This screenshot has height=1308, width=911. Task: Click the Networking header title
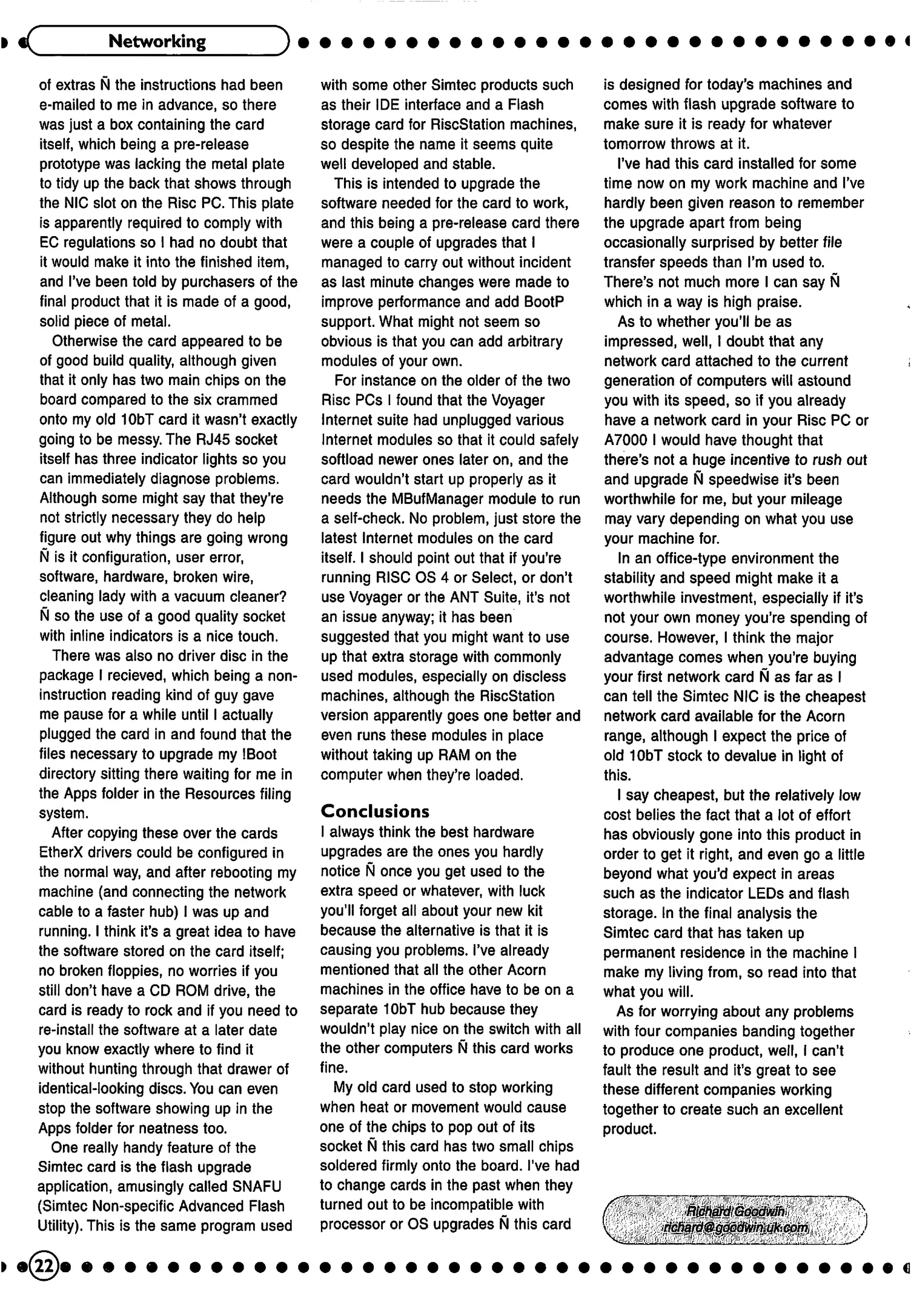[x=157, y=41]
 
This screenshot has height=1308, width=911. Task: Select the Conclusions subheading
[x=375, y=811]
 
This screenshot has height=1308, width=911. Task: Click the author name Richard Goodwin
[x=735, y=1211]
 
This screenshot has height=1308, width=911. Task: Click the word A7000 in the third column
[x=625, y=440]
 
